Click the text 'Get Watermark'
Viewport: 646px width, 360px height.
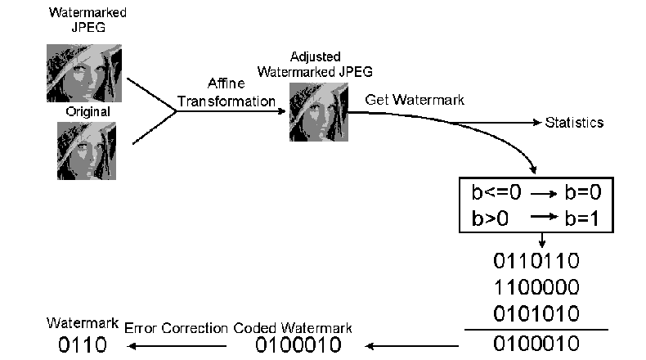click(x=415, y=100)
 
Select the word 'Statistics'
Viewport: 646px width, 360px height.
click(x=574, y=123)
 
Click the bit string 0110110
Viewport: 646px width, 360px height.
click(x=536, y=262)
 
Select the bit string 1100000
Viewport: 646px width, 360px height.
click(x=536, y=288)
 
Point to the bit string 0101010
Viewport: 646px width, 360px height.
click(x=536, y=314)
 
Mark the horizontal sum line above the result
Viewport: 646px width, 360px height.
click(x=536, y=329)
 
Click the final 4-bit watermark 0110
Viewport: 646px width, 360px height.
click(x=82, y=344)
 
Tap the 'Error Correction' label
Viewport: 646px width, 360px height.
click(x=176, y=328)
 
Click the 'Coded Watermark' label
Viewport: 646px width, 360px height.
click(x=293, y=328)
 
